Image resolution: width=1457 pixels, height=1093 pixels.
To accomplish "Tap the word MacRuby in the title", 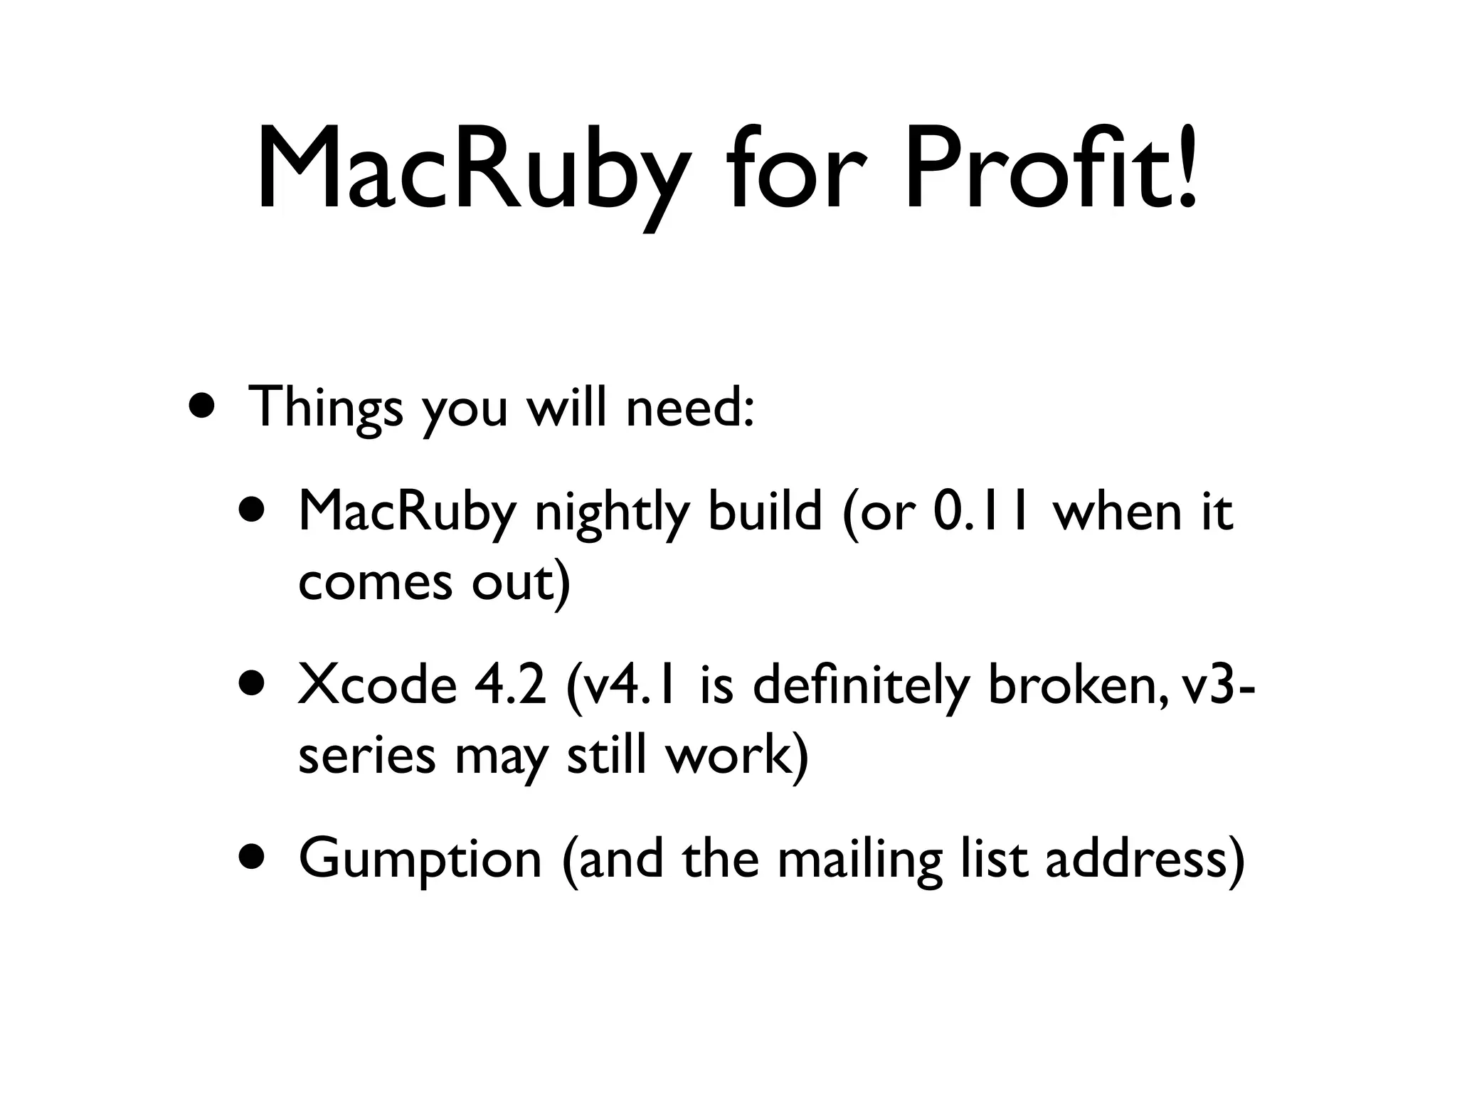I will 472,171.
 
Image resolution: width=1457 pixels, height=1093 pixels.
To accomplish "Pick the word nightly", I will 612,512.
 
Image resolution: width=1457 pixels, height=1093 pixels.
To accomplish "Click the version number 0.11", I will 981,511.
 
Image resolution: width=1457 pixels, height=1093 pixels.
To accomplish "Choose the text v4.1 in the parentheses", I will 626,686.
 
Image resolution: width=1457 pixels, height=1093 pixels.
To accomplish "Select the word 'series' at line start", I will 366,756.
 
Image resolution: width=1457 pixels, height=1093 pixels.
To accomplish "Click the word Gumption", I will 420,860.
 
